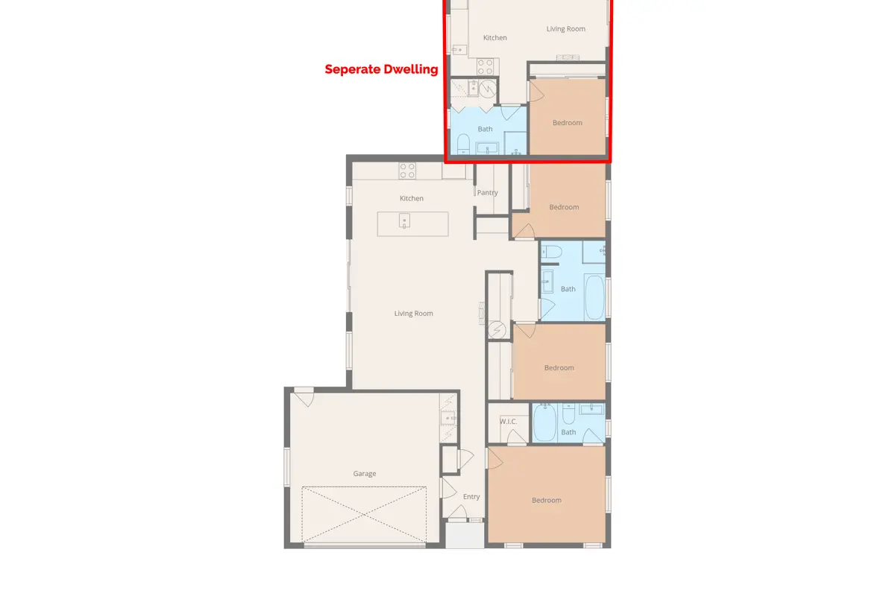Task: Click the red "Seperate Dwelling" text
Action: tap(381, 69)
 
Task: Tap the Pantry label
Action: tap(488, 192)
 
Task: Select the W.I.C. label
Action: tap(508, 422)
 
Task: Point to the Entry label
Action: tap(471, 497)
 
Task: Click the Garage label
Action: tap(365, 473)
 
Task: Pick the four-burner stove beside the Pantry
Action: tap(407, 171)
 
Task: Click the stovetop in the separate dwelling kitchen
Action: tap(486, 66)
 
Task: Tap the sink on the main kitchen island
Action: tap(404, 221)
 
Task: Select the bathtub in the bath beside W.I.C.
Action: tap(544, 422)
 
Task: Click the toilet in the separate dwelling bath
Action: tap(463, 144)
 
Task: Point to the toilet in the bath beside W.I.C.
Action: tap(568, 414)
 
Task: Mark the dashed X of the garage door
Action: tap(364, 515)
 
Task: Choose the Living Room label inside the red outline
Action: tap(566, 29)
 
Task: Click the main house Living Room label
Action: tap(413, 314)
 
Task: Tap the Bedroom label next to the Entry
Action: tap(547, 500)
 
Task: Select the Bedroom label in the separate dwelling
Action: tap(568, 123)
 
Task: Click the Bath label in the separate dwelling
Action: tap(485, 129)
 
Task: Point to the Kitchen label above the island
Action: tap(412, 198)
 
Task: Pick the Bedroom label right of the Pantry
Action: tap(564, 207)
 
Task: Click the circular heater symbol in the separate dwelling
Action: tap(488, 89)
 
